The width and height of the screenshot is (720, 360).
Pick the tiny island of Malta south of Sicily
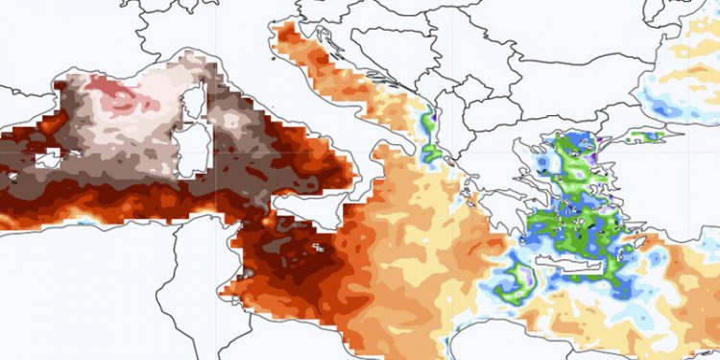pos(316,248)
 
